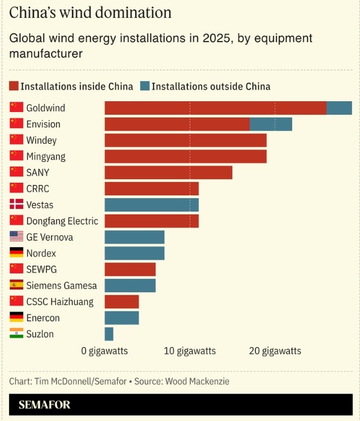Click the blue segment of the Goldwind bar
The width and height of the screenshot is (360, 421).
tap(339, 108)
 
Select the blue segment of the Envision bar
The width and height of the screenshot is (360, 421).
tap(271, 124)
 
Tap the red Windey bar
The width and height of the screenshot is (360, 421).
tap(186, 141)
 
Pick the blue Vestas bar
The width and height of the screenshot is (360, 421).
tap(152, 205)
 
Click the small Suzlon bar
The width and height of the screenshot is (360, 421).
tap(109, 334)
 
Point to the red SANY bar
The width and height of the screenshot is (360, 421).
tap(168, 173)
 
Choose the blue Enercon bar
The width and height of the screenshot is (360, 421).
tap(122, 318)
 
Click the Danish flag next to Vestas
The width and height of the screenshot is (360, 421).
tap(16, 205)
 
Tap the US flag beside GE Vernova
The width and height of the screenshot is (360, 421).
tap(16, 237)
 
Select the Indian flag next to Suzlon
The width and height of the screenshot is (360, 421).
tap(16, 334)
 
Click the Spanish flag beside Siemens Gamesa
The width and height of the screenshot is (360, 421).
tap(16, 285)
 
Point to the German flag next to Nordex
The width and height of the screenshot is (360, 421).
tap(16, 253)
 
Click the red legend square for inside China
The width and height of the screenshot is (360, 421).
tap(14, 86)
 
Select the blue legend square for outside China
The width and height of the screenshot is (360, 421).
tap(145, 86)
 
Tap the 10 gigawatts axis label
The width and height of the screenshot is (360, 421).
tap(190, 351)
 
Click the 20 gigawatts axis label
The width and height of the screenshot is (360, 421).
tap(275, 351)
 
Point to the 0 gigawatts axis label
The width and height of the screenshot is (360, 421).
tap(105, 351)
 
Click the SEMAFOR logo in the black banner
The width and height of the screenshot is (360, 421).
tap(45, 405)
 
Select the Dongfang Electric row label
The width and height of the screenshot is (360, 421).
tap(62, 221)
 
